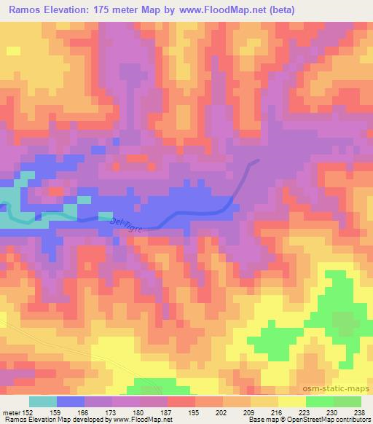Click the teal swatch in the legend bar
(43, 401)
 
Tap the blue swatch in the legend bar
(71, 401)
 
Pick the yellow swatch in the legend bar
(291, 401)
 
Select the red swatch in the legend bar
(181, 401)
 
